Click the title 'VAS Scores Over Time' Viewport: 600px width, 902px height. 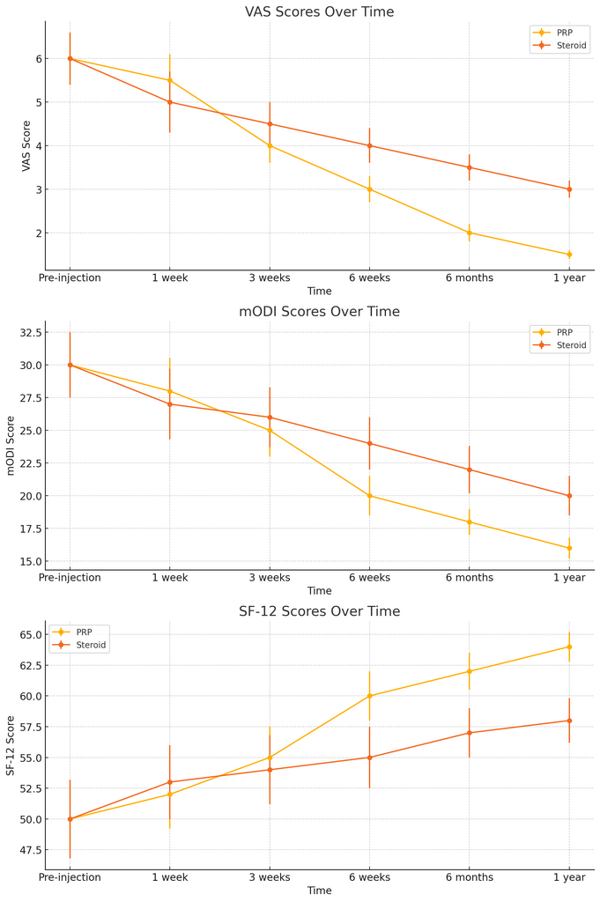tap(319, 12)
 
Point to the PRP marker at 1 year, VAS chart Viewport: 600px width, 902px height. tap(568, 255)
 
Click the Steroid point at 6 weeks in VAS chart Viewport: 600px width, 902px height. tap(369, 146)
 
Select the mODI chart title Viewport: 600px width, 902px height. tap(319, 312)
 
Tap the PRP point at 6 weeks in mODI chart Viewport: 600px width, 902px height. tap(369, 496)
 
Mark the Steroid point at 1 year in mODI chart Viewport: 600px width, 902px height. tap(568, 496)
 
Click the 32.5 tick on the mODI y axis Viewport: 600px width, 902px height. tap(28, 332)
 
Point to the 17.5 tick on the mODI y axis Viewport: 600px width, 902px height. tap(28, 529)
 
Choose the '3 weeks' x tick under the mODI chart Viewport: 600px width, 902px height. tap(270, 577)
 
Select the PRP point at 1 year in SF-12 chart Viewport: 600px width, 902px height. tap(568, 647)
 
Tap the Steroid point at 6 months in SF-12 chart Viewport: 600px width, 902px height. tap(469, 733)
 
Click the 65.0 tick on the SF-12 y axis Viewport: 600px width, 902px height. tap(28, 634)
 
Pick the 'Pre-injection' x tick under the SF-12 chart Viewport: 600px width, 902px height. tap(70, 876)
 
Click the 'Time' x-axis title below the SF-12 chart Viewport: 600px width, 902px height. tap(319, 891)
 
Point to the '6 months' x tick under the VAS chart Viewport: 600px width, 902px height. tap(469, 277)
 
